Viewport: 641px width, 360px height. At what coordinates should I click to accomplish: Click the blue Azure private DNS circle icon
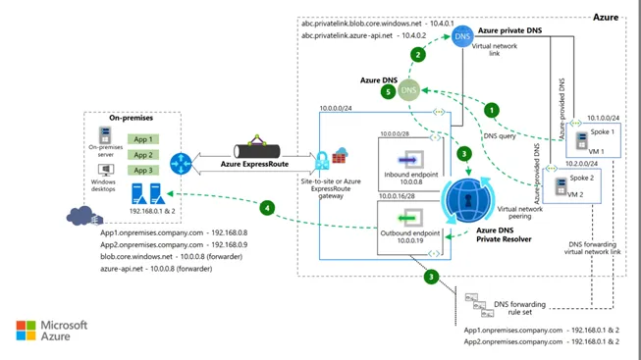(x=462, y=37)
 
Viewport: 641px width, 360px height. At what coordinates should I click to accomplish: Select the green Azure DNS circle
(x=409, y=91)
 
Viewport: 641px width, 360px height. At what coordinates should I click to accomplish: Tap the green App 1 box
(x=143, y=139)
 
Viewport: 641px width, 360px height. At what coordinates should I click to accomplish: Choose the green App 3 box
(x=143, y=171)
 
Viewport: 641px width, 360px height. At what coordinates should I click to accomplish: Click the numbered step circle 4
(x=266, y=206)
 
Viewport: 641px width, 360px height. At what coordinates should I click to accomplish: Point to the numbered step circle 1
(x=492, y=111)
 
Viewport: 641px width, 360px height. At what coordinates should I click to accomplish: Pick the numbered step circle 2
(x=418, y=54)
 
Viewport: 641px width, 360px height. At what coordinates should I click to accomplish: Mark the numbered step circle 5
(x=389, y=92)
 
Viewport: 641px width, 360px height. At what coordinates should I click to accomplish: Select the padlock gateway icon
(x=322, y=161)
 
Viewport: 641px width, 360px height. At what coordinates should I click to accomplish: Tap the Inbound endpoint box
(x=408, y=164)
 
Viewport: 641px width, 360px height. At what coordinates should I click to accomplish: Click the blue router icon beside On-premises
(x=180, y=162)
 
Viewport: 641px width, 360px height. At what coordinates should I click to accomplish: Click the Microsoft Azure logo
(x=51, y=330)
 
